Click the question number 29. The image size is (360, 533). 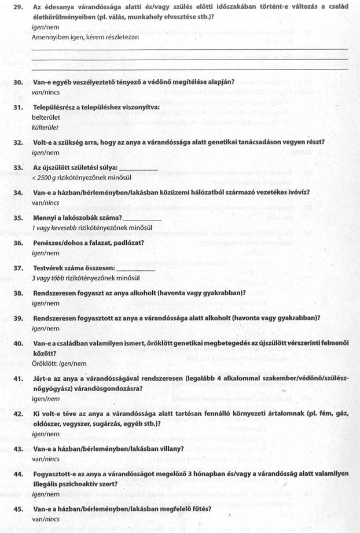(x=18, y=6)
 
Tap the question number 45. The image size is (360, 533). (x=18, y=511)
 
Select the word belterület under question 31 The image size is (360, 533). (x=46, y=116)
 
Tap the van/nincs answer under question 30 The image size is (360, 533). (x=46, y=91)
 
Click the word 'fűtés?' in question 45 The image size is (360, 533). (x=199, y=510)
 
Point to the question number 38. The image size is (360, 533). (x=18, y=293)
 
